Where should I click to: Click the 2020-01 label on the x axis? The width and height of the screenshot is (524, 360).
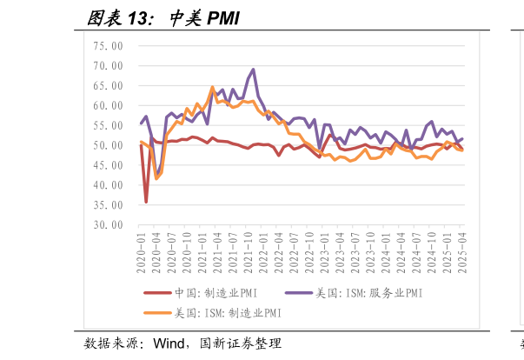142,247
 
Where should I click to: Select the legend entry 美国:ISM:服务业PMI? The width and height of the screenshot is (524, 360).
369,294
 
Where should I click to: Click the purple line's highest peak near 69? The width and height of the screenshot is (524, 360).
254,70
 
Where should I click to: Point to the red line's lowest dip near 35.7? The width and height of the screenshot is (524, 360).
146,202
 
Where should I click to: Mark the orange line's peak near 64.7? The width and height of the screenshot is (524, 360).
213,87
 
